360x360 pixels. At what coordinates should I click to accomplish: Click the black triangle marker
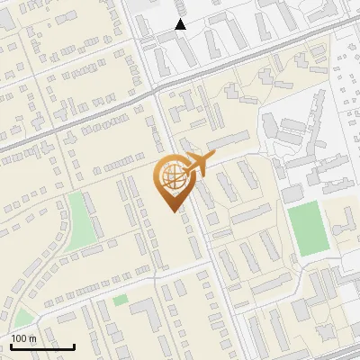[x=181, y=24]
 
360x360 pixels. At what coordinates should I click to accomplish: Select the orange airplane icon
[x=199, y=164]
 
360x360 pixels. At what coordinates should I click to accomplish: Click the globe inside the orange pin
[x=171, y=175]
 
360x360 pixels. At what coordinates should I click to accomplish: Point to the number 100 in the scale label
[x=19, y=338]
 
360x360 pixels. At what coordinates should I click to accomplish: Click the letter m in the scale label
[x=32, y=338]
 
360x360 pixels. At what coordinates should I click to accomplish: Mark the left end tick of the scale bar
[x=11, y=346]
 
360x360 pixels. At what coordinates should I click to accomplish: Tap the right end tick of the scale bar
[x=74, y=346]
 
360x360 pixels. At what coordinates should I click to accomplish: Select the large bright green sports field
[x=309, y=228]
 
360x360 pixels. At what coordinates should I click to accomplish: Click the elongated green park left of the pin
[x=82, y=220]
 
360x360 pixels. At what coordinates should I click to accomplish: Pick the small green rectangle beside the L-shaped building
[x=121, y=300]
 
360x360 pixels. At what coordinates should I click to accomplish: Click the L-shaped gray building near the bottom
[x=144, y=311]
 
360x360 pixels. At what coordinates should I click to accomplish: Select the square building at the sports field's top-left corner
[x=292, y=193]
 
